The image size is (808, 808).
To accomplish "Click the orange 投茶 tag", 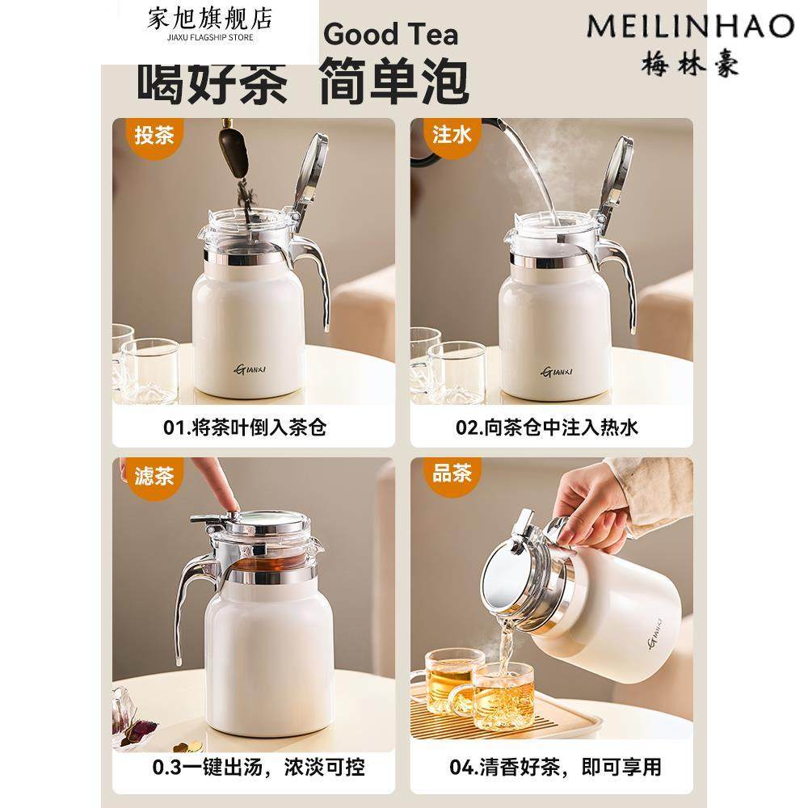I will pyautogui.click(x=154, y=134).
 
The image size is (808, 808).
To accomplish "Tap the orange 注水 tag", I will pyautogui.click(x=452, y=134).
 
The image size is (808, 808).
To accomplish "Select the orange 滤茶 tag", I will pyautogui.click(x=154, y=474).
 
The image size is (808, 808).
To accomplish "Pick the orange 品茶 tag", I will pyautogui.click(x=452, y=474).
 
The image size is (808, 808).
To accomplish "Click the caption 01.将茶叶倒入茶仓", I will pyautogui.click(x=246, y=427).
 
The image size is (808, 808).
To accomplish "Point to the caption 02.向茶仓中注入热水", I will pyautogui.click(x=547, y=427).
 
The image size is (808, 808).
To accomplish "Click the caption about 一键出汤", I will pyautogui.click(x=246, y=766).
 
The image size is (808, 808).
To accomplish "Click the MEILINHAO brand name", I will pyautogui.click(x=689, y=25).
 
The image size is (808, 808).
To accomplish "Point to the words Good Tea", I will pyautogui.click(x=391, y=35).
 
